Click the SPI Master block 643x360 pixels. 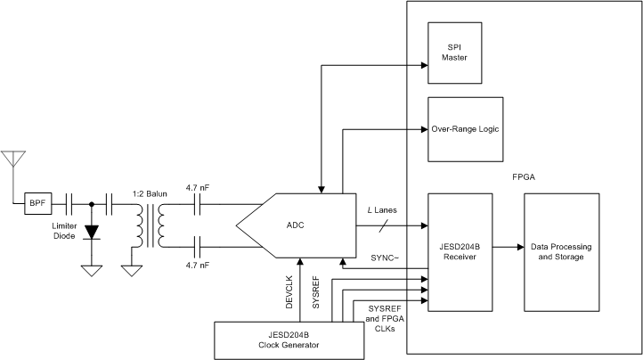pyautogui.click(x=460, y=53)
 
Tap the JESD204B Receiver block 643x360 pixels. pyautogui.click(x=460, y=252)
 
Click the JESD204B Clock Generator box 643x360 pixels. pyautogui.click(x=289, y=340)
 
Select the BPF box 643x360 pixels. pyautogui.click(x=37, y=204)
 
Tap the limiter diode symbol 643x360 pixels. pyautogui.click(x=91, y=231)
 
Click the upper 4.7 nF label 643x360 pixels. pyautogui.click(x=197, y=187)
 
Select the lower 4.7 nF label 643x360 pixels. pyautogui.click(x=197, y=265)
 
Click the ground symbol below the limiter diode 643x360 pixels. pyautogui.click(x=91, y=269)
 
